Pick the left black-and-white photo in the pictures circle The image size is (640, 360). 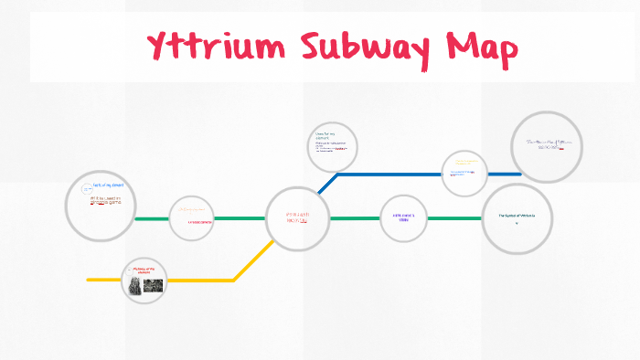135,285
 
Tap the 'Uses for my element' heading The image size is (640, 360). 326,135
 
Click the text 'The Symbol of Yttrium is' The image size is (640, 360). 517,215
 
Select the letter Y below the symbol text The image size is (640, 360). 517,223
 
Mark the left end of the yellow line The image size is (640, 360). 90,280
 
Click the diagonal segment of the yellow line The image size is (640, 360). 253,260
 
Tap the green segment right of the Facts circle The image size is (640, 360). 152,219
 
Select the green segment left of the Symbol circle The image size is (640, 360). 454,219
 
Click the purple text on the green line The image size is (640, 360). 403,217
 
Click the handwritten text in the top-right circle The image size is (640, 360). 547,143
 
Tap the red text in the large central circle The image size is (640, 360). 296,217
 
